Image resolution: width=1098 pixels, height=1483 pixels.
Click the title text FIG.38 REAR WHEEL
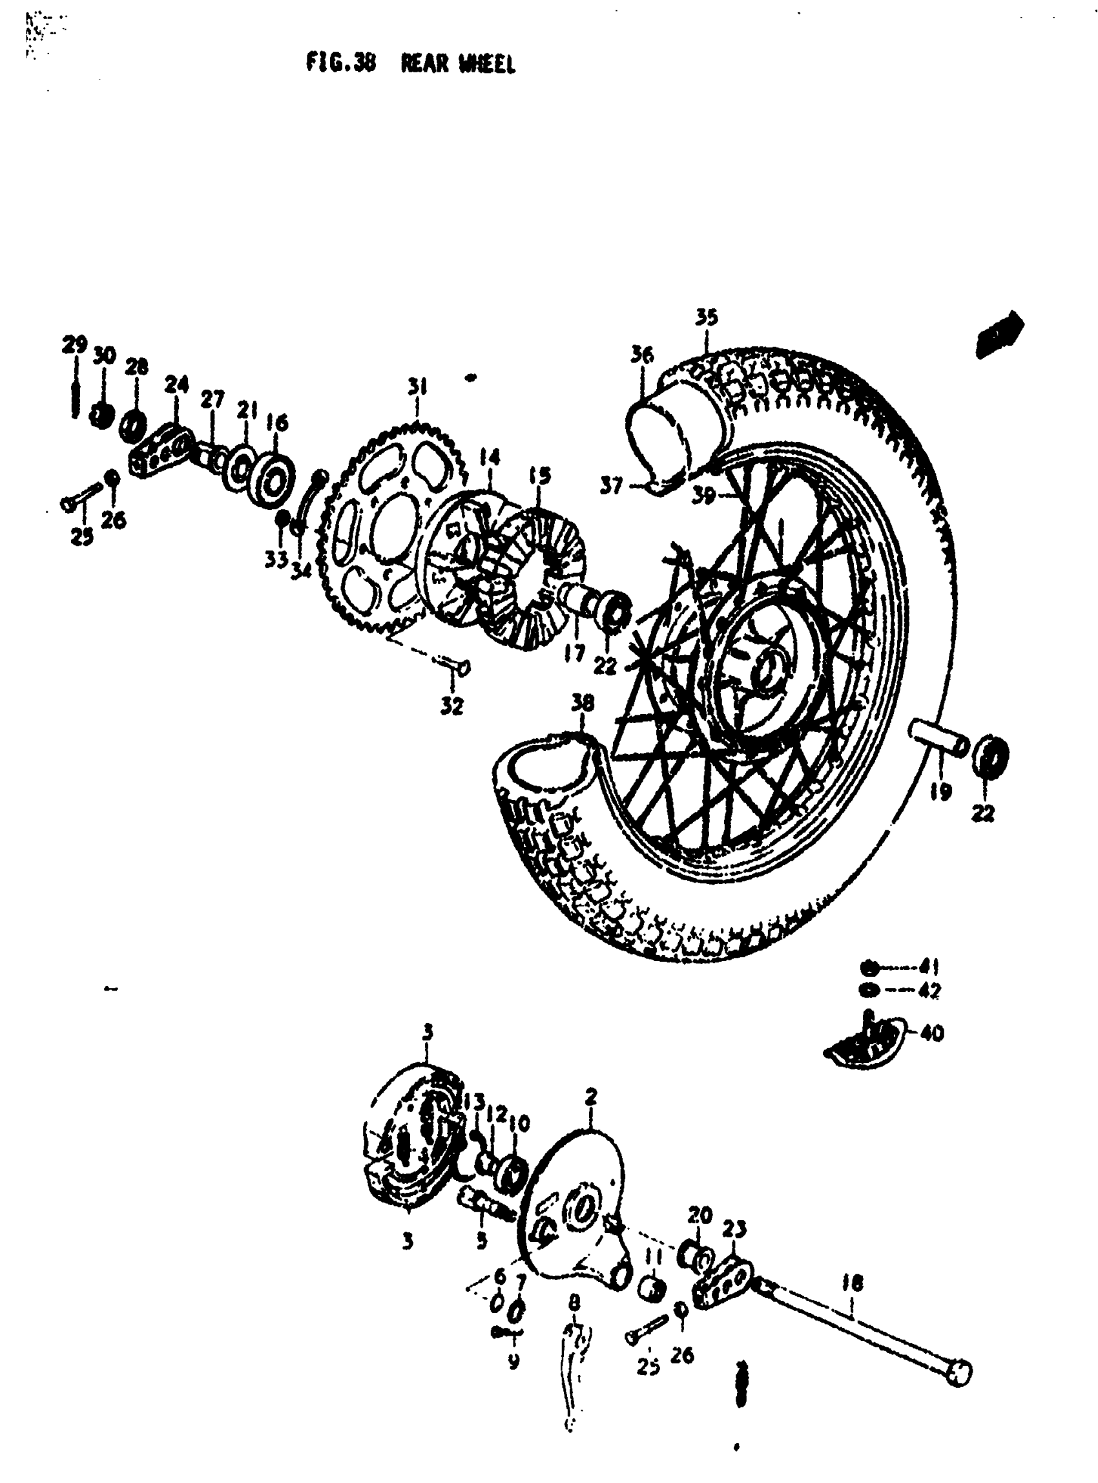pyautogui.click(x=410, y=64)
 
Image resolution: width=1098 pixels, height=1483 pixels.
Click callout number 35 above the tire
pyautogui.click(x=707, y=317)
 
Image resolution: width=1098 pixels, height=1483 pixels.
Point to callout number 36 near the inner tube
pyautogui.click(x=642, y=355)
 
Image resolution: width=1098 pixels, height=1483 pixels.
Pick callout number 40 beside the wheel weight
pyautogui.click(x=933, y=1033)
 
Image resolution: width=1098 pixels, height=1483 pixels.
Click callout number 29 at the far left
pyautogui.click(x=74, y=345)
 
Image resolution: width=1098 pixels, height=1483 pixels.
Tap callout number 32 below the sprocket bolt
pyautogui.click(x=451, y=706)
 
